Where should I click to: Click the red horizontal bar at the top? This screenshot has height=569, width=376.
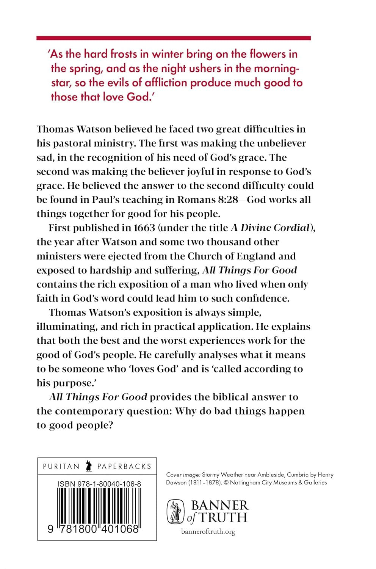coord(174,38)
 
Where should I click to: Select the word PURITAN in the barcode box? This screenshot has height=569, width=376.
coord(61,466)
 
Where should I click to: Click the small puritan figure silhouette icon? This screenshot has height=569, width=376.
coord(89,466)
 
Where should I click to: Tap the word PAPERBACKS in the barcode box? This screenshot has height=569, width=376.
coord(124,466)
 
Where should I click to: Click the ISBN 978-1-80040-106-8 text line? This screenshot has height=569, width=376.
coord(99,484)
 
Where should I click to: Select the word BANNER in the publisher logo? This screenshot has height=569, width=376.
coord(220,505)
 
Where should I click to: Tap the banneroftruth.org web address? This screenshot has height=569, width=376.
coord(208,532)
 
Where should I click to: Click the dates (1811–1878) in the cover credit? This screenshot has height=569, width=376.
coord(204,483)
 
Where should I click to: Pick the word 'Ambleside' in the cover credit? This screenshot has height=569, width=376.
coord(270,475)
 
